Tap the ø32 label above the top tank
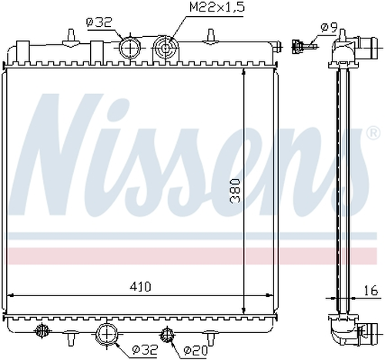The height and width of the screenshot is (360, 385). click(99, 22)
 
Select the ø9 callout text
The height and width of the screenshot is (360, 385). click(329, 28)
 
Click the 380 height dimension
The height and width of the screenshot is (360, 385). click(235, 191)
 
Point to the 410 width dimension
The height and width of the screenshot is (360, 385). click(140, 286)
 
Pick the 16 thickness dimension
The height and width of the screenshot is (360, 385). click(370, 291)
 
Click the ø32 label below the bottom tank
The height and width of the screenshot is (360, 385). click(144, 349)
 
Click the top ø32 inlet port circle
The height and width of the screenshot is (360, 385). click(130, 48)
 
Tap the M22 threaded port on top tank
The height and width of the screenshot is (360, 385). click(166, 48)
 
